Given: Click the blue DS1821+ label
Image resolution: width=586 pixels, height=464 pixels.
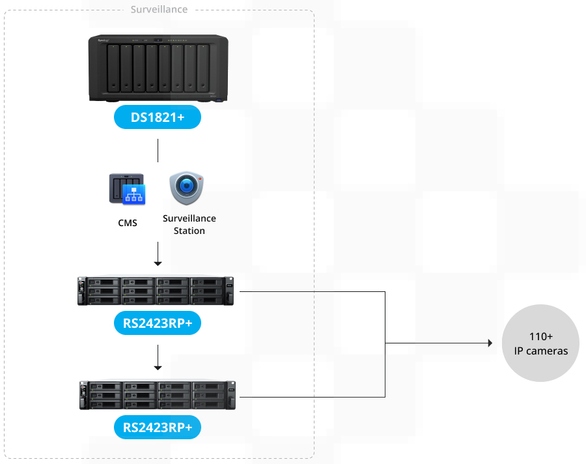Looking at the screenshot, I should click(x=157, y=117).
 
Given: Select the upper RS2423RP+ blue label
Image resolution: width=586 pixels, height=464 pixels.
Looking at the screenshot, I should click(x=157, y=323).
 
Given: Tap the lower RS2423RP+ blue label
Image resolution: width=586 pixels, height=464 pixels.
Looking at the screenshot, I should click(x=157, y=428).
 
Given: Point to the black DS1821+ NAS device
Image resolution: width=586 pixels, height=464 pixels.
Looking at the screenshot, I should click(x=158, y=68).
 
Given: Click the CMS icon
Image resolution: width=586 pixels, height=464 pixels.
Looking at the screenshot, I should click(x=128, y=189).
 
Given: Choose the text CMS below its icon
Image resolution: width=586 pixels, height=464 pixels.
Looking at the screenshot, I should click(x=128, y=223).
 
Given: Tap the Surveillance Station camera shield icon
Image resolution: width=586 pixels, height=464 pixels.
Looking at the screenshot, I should click(x=189, y=188).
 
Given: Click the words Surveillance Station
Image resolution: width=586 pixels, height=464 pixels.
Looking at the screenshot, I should click(x=189, y=224).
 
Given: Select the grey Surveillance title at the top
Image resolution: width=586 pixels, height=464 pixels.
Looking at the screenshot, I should click(x=159, y=10).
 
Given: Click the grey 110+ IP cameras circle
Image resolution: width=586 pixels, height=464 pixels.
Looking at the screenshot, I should click(x=540, y=343).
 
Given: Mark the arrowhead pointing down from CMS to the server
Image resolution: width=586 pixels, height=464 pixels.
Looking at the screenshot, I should click(x=158, y=263).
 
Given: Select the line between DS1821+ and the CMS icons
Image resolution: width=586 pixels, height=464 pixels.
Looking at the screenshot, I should click(x=158, y=150).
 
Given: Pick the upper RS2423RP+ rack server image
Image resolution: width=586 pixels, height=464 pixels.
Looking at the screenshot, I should click(x=156, y=291).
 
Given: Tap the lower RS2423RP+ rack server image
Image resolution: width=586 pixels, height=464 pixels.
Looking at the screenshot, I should click(x=157, y=396).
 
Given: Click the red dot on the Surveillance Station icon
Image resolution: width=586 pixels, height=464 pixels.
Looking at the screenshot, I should click(x=201, y=178).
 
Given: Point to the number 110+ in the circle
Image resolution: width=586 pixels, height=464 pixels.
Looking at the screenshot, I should click(x=540, y=336).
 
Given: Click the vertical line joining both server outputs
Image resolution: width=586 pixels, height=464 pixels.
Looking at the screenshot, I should click(x=385, y=344).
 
